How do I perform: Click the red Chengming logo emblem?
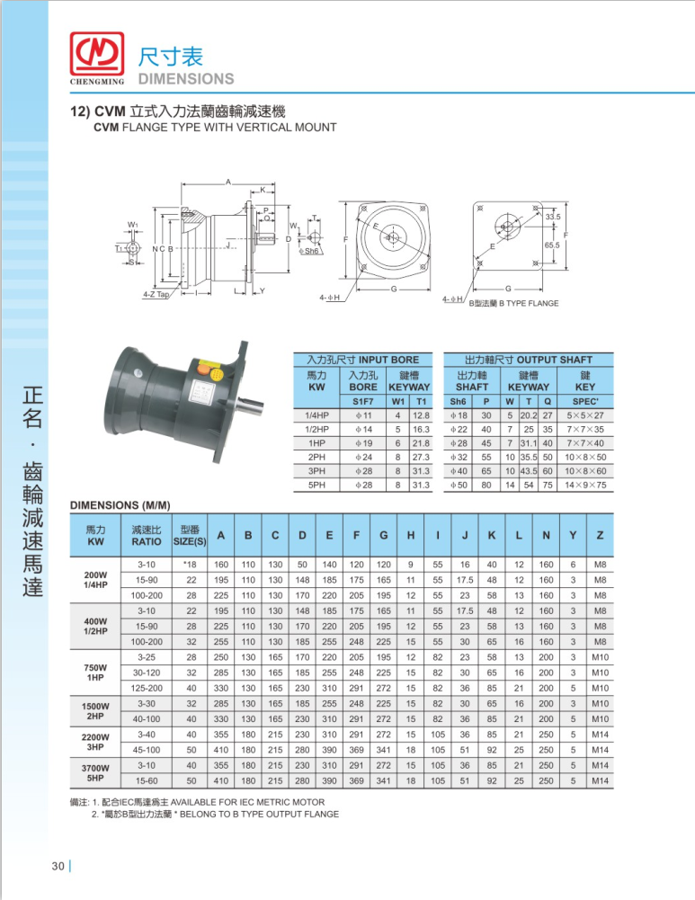click(x=97, y=53)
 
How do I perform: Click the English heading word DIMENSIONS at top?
click(x=186, y=78)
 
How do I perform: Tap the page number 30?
click(x=58, y=866)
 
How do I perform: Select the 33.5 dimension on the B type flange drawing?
click(x=553, y=217)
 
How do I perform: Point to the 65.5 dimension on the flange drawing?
click(x=552, y=245)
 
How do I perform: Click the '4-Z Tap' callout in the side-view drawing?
click(x=156, y=294)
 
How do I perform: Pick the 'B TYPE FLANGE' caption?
click(x=529, y=303)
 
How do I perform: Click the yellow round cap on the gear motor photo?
click(x=217, y=374)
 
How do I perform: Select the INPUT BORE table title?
click(x=362, y=360)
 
